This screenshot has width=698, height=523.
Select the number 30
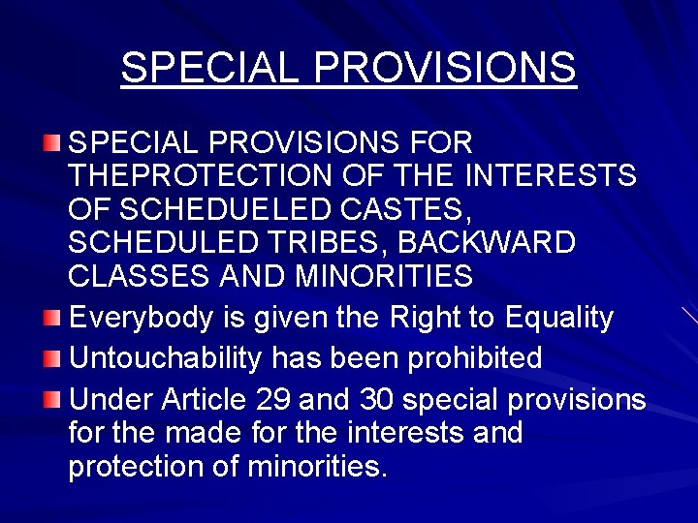pos(377,399)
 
